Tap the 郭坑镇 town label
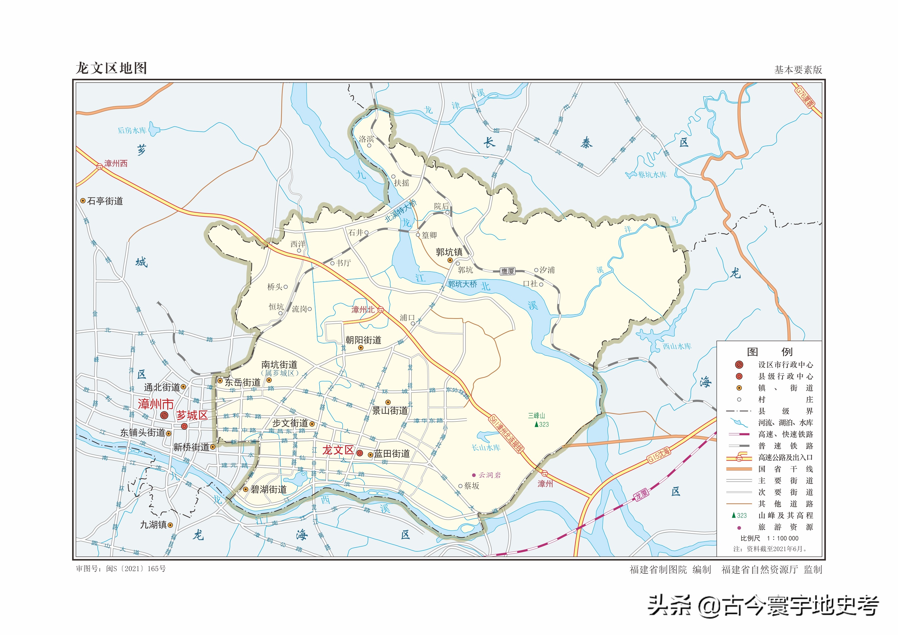click(449, 252)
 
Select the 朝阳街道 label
click(363, 340)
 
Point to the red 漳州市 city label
click(156, 404)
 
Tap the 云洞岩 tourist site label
click(489, 475)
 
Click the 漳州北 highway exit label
click(363, 310)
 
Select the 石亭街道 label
click(105, 201)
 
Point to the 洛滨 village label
click(367, 139)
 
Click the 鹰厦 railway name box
click(508, 271)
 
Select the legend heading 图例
click(769, 352)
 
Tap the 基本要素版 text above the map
click(798, 70)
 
